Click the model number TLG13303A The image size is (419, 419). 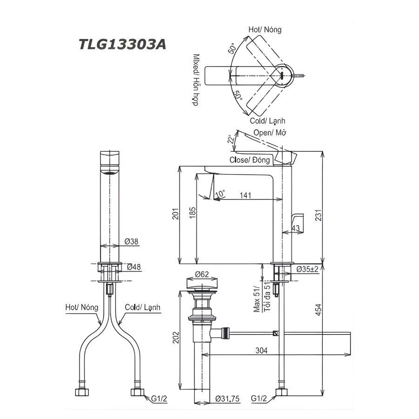tap(122, 45)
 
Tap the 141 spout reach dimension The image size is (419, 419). tap(243, 196)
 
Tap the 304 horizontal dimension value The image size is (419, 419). tap(261, 351)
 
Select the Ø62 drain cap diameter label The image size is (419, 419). tap(202, 274)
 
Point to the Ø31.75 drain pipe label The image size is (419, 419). tap(227, 399)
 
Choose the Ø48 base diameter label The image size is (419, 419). tap(132, 267)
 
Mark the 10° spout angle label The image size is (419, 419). tap(220, 192)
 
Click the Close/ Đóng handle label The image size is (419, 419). tap(250, 160)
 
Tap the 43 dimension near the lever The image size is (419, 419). tap(295, 228)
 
